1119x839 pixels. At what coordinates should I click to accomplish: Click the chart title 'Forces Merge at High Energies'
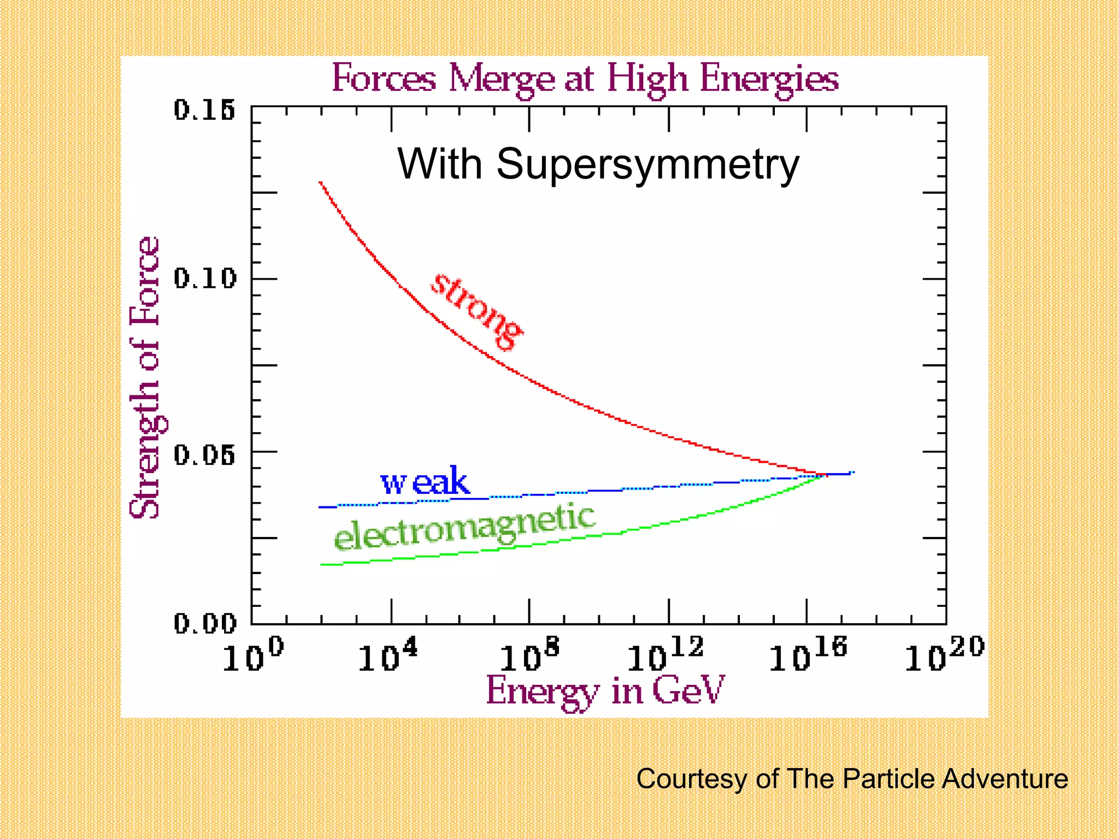tap(585, 79)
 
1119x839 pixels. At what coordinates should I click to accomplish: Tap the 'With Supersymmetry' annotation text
tap(598, 163)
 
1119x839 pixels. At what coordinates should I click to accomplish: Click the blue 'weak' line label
tap(425, 482)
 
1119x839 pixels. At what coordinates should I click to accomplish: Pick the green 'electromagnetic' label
tap(464, 527)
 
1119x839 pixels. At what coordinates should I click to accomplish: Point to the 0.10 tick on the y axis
tap(205, 279)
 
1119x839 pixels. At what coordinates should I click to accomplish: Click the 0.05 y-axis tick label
tap(205, 454)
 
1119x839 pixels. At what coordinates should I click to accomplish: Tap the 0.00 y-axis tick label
tap(205, 623)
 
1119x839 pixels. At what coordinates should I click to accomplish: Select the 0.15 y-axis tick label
tap(205, 110)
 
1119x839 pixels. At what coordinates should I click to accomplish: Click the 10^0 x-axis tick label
tap(253, 655)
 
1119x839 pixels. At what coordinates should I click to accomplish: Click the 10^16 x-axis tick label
tap(808, 655)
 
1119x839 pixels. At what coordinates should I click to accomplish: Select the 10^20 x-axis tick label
tap(944, 655)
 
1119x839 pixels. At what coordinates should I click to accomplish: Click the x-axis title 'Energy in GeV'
tap(605, 691)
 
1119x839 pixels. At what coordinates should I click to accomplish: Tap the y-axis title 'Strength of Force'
tap(145, 377)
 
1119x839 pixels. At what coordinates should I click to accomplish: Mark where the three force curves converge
tap(824, 475)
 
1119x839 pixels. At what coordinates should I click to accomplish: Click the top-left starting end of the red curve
tap(321, 183)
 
